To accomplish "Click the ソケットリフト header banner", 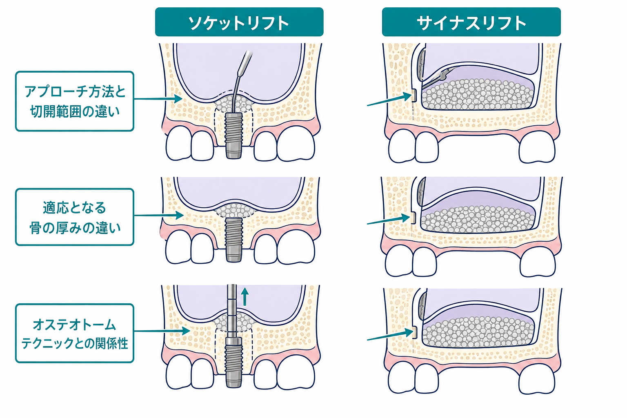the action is point(239,22).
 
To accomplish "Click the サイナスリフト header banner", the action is point(471,22).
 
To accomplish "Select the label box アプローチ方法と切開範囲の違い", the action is point(74,101).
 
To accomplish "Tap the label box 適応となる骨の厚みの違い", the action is point(74,217).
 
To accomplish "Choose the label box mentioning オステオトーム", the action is point(74,333).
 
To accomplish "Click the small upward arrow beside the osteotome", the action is point(245,296).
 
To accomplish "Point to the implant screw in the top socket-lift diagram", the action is point(234,136).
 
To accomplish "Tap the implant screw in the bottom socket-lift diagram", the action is point(234,362).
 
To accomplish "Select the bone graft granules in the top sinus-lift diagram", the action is point(477,94).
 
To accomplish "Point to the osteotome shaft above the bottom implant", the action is point(232,311).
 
